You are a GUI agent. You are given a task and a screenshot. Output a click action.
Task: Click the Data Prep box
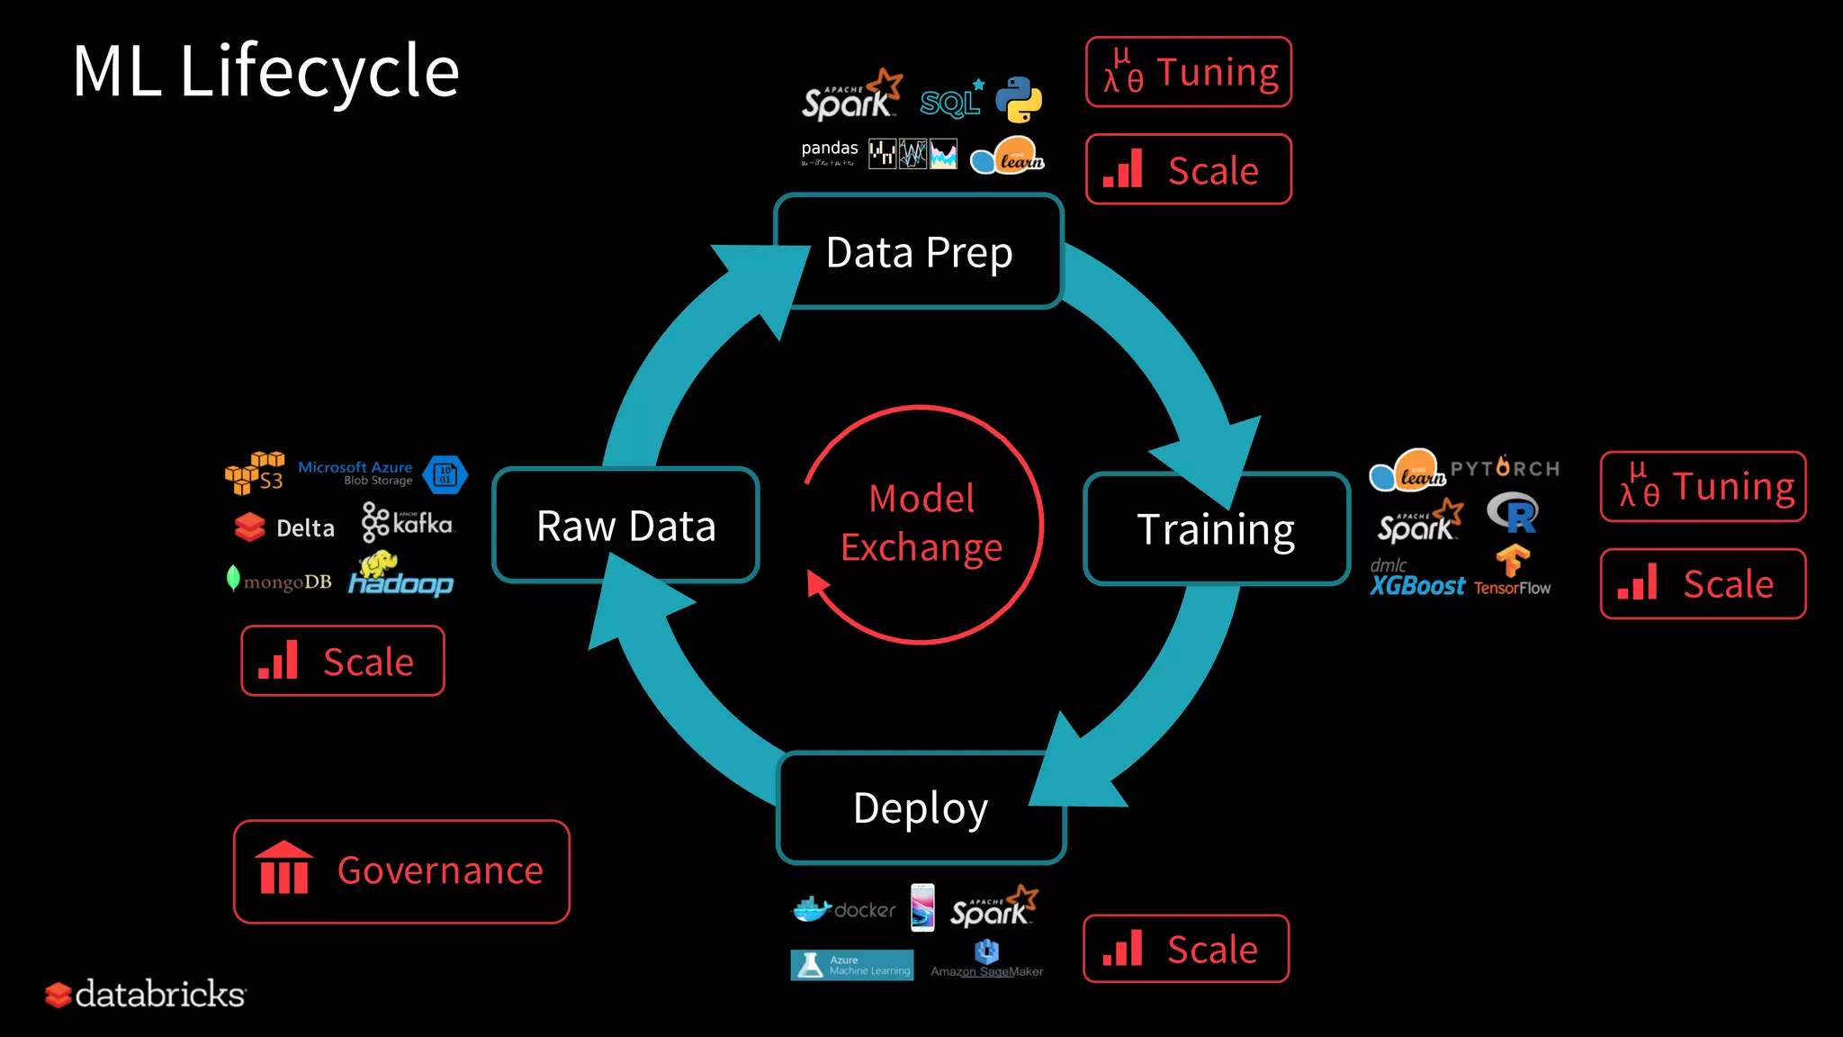click(x=919, y=252)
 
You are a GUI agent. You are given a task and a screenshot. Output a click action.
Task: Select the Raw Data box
click(x=626, y=526)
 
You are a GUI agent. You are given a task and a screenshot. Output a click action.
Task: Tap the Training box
click(x=1216, y=529)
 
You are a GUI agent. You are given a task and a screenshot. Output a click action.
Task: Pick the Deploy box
click(x=921, y=808)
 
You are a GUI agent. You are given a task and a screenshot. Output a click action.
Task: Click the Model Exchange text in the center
click(x=921, y=523)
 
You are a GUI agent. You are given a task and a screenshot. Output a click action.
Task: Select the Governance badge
click(x=401, y=871)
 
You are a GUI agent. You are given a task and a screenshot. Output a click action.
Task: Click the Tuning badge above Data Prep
click(x=1189, y=72)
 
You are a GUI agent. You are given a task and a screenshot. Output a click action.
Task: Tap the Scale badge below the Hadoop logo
click(x=343, y=662)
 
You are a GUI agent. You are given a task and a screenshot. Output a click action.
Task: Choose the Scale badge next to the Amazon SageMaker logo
click(x=1186, y=950)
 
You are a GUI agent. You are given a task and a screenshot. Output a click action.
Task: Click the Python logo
click(x=1019, y=99)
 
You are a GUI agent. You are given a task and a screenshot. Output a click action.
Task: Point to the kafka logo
click(x=408, y=523)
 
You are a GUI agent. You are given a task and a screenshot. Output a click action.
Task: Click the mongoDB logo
click(x=279, y=581)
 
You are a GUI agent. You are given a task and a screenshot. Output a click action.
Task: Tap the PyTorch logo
click(x=1505, y=468)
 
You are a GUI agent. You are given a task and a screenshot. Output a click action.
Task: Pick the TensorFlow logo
click(x=1513, y=571)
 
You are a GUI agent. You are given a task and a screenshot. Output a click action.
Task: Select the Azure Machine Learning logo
click(x=851, y=965)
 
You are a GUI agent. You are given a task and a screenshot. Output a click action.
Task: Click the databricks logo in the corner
click(x=146, y=995)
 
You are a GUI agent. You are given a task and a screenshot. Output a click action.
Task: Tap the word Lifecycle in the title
click(x=319, y=72)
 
